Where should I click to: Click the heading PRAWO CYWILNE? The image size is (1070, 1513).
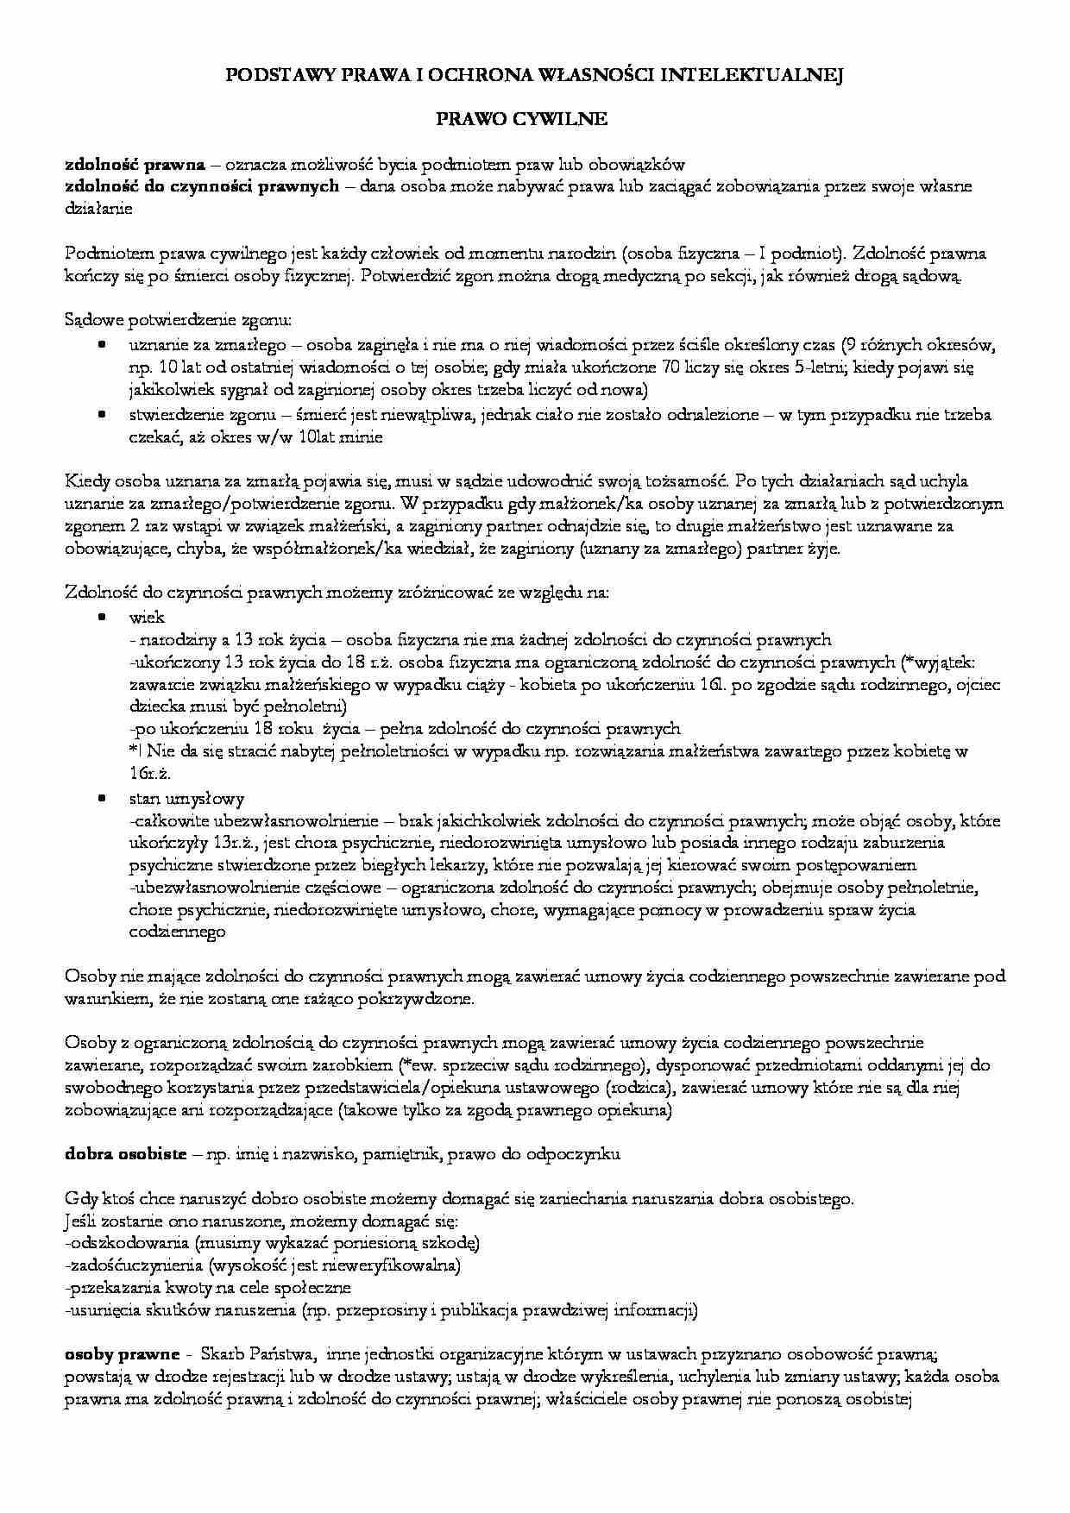pyautogui.click(x=534, y=120)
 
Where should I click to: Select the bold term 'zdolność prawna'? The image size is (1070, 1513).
pyautogui.click(x=135, y=164)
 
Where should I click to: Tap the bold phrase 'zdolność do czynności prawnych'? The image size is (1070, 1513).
pyautogui.click(x=202, y=186)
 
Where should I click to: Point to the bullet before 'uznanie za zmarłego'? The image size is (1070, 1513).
pyautogui.click(x=102, y=344)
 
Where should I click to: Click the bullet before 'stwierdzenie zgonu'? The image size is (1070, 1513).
pyautogui.click(x=102, y=413)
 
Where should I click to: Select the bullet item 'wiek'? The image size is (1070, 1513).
pyautogui.click(x=147, y=617)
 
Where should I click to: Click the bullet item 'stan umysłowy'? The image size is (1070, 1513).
pyautogui.click(x=186, y=798)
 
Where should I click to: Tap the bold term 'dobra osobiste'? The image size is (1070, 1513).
pyautogui.click(x=126, y=1154)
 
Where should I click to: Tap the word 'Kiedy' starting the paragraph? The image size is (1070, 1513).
pyautogui.click(x=84, y=481)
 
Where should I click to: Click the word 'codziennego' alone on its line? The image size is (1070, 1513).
pyautogui.click(x=177, y=932)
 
